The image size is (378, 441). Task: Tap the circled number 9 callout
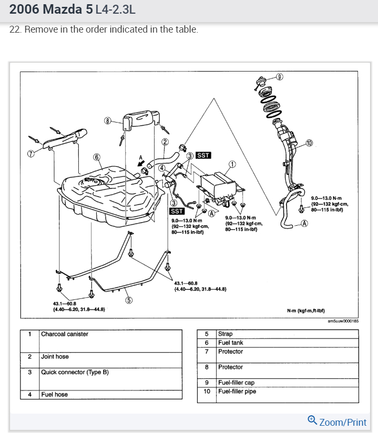(x=280, y=76)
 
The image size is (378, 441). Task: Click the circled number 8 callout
(x=108, y=121)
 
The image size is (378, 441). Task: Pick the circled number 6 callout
(x=97, y=156)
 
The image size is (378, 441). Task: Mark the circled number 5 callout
(x=129, y=300)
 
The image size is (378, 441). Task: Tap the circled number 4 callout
(x=162, y=168)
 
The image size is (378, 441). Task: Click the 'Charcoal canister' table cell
(x=65, y=334)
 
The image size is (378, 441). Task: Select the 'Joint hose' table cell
(x=55, y=357)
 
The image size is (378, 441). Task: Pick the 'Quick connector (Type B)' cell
(x=75, y=372)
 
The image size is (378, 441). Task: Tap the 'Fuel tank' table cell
(x=231, y=343)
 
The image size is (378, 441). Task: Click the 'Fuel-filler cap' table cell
(x=236, y=383)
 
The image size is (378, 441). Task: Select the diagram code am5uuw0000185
(x=342, y=321)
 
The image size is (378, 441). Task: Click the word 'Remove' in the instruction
(x=41, y=29)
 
